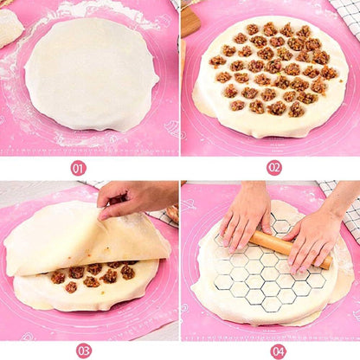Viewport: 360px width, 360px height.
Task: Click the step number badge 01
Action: coord(78,168)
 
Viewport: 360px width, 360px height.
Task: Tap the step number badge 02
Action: coord(274,168)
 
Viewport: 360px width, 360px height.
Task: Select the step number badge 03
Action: coord(83,350)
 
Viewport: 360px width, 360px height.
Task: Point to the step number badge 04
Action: coord(278,350)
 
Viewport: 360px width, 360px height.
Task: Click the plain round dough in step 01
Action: coord(91,74)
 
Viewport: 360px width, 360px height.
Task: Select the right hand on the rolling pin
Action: coord(313,235)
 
